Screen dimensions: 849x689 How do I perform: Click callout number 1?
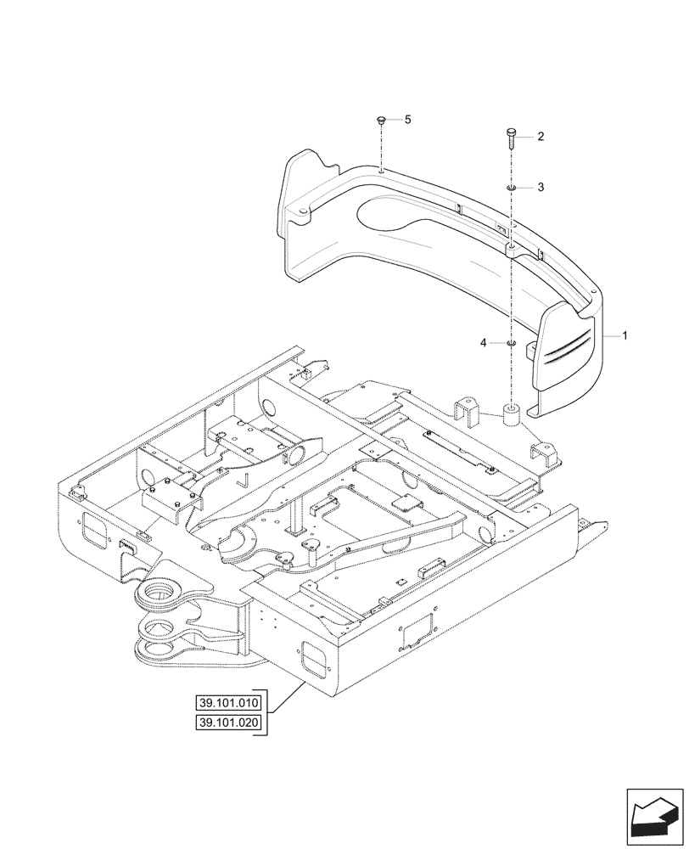coord(625,336)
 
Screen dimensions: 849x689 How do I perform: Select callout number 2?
coord(541,137)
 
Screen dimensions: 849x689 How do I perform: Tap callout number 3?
coord(541,187)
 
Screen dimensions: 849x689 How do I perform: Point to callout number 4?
coord(483,342)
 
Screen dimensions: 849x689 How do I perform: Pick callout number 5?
coord(406,121)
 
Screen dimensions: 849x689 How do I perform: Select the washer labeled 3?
coord(511,187)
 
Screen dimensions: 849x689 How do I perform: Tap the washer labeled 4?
coord(511,343)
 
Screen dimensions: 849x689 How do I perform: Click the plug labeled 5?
coord(382,122)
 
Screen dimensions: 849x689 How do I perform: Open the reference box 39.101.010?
coord(229,703)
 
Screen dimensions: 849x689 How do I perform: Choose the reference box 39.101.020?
coord(229,722)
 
